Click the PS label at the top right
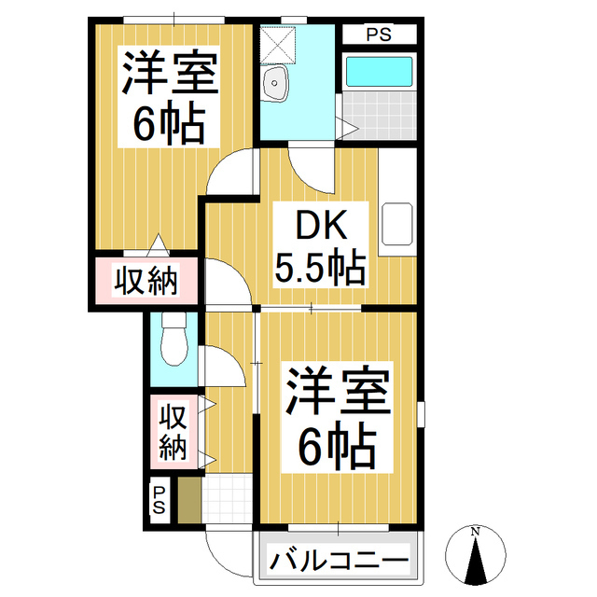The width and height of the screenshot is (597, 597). pos(378,35)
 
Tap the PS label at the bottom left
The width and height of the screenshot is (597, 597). pos(159,499)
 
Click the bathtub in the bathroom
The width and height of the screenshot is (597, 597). pos(378,74)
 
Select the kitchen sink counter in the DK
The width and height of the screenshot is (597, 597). pos(396,224)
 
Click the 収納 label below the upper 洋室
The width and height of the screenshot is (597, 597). pos(146,280)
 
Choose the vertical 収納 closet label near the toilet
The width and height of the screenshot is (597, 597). pos(172,431)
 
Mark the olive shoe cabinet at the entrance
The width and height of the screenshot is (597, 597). pos(189,499)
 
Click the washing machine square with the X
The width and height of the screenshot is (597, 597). pos(277,42)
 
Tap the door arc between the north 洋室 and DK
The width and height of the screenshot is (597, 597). pos(234,173)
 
